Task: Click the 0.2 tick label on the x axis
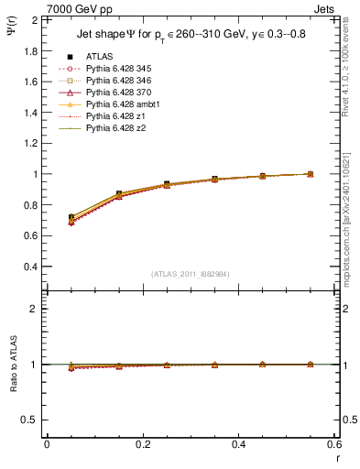pyautogui.click(x=142, y=444)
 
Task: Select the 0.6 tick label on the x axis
pyautogui.click(x=333, y=444)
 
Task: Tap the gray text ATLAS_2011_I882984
pyautogui.click(x=190, y=274)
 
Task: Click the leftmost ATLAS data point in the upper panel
pyautogui.click(x=71, y=217)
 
